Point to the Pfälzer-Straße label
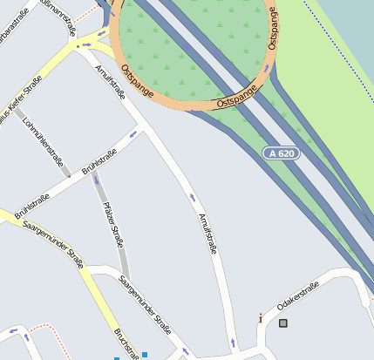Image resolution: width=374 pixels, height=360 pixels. click(x=112, y=223)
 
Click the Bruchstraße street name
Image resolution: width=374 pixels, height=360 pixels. click(x=126, y=343)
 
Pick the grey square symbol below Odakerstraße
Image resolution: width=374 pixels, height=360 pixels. click(x=283, y=323)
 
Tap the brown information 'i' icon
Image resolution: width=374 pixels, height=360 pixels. click(x=261, y=319)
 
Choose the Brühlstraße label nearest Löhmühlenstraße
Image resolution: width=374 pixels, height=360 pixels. click(x=99, y=161)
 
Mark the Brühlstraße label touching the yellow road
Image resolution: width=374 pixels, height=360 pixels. click(x=31, y=205)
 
